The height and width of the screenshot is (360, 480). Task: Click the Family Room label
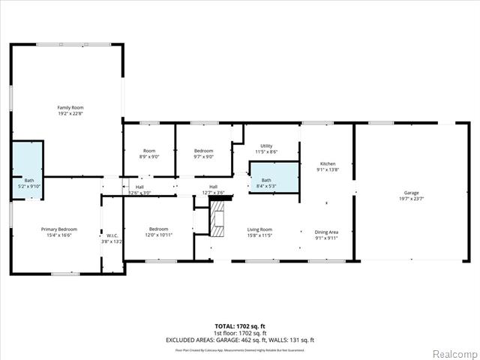pos(70,108)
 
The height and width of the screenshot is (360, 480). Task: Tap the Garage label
pos(412,193)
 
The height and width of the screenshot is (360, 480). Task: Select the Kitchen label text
pos(328,163)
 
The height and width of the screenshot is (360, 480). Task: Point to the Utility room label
pos(266,146)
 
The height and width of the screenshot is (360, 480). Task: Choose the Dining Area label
pos(326,232)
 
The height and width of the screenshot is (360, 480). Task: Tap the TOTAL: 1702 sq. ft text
pos(239,326)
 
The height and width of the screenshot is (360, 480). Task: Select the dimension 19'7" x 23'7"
pos(412,199)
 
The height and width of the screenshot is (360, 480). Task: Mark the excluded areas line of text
pos(239,340)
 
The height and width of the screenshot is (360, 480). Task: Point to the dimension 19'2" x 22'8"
pos(70,114)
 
